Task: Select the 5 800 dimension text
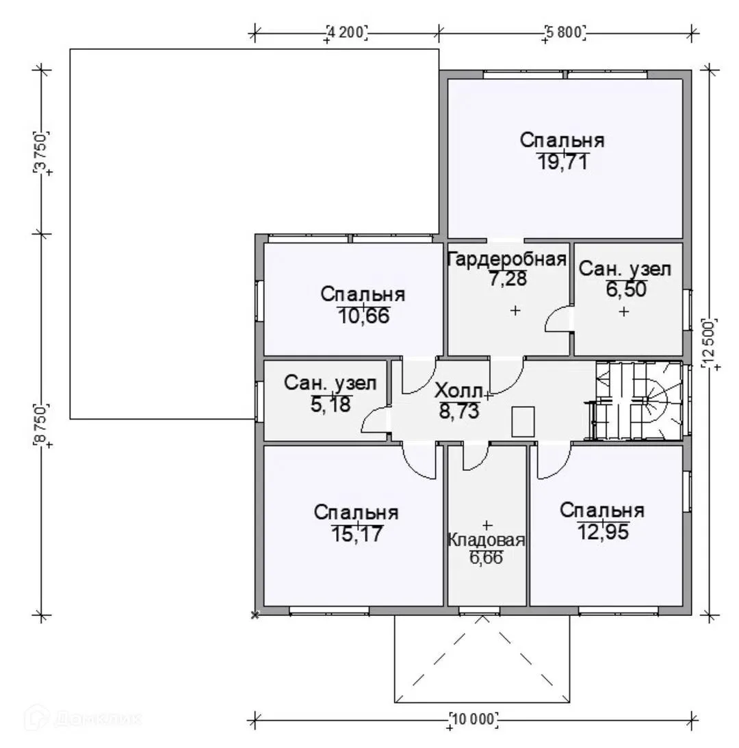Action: coord(565,32)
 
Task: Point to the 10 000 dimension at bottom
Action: coord(474,719)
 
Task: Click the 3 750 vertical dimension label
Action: coord(40,151)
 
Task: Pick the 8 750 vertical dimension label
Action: coord(40,425)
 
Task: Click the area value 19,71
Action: coord(562,162)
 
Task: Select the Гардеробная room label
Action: coord(506,259)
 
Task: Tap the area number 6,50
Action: coord(626,289)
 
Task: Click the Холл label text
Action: coord(458,391)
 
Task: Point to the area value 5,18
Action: coord(330,404)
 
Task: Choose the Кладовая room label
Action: coord(486,540)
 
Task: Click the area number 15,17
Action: coord(356,534)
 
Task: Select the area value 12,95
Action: coord(603,532)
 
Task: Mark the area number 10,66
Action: coord(363,315)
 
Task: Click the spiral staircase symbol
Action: coord(637,401)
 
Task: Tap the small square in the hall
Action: coord(523,422)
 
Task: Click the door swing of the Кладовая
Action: coord(476,456)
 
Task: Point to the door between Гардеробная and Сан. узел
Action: coord(558,318)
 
